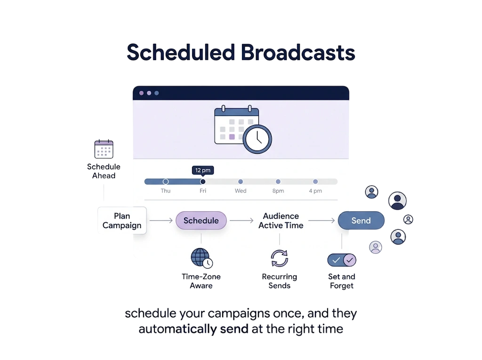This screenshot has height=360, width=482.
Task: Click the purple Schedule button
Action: (201, 220)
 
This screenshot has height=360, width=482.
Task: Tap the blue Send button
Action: (361, 220)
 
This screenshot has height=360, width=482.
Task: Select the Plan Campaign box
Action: (122, 220)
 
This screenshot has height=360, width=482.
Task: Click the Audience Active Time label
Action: (281, 221)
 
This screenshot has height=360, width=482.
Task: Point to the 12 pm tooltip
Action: (203, 170)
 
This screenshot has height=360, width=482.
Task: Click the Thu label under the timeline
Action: (165, 191)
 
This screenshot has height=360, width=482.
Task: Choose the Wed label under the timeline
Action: (241, 191)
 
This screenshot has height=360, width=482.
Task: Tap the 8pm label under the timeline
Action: (278, 191)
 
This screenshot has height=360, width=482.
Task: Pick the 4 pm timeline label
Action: (315, 191)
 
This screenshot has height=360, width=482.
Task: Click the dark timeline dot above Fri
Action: (202, 181)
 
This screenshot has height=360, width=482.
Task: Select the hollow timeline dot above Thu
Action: (165, 181)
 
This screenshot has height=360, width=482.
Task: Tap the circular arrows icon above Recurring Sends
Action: (280, 258)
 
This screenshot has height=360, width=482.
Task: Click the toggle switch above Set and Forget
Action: (342, 260)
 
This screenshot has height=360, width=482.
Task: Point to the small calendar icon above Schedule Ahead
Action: (104, 149)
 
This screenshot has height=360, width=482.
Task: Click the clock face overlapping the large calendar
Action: (257, 139)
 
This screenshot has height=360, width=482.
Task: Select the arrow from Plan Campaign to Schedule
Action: (161, 220)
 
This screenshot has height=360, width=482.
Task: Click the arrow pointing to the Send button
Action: (321, 220)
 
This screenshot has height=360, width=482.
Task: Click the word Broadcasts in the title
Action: (298, 53)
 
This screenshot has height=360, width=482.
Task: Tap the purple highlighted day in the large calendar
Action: (232, 137)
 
